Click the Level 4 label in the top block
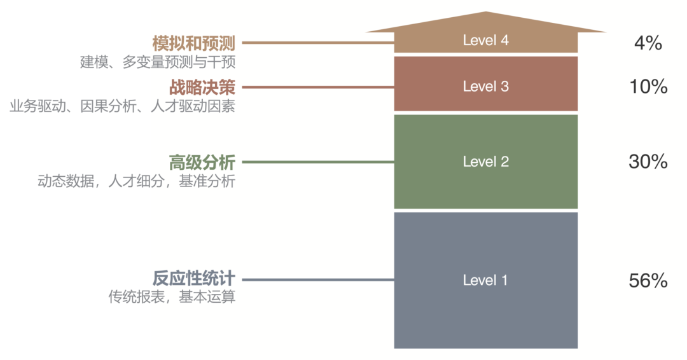(x=485, y=41)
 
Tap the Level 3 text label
(x=485, y=87)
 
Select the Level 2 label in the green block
(x=485, y=162)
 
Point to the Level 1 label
(x=485, y=280)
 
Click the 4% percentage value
(x=648, y=43)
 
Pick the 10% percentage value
(x=648, y=87)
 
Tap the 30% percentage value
(x=648, y=162)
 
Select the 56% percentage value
(x=648, y=280)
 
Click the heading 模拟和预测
(x=194, y=43)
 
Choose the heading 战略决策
(x=202, y=87)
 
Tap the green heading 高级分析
(x=202, y=162)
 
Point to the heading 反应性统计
(x=194, y=279)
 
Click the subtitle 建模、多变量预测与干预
(x=158, y=62)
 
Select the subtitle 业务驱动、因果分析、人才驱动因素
(x=122, y=106)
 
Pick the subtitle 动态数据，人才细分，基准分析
(x=137, y=181)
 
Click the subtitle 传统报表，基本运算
(x=172, y=297)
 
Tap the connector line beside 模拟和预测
(x=318, y=43)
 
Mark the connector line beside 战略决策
(x=318, y=87)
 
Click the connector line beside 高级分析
(x=318, y=162)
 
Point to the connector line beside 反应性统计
(x=318, y=280)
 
